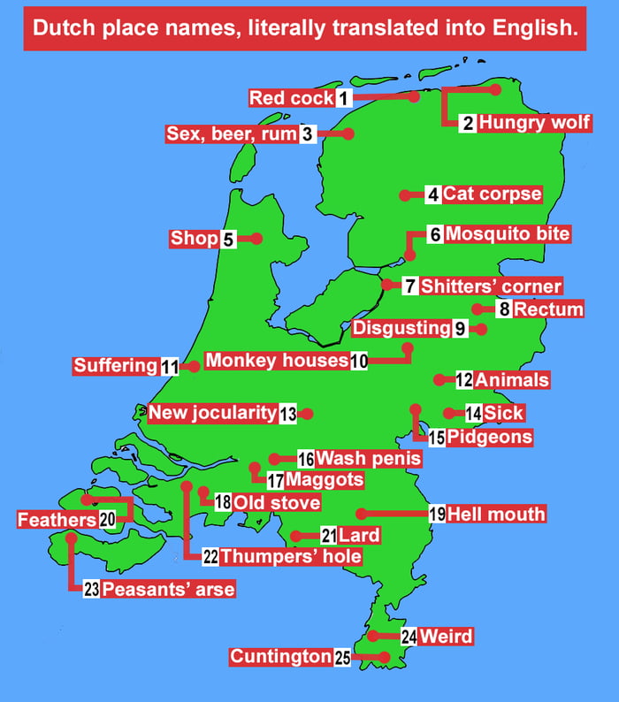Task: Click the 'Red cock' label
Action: pyautogui.click(x=291, y=98)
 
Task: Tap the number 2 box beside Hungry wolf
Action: pyautogui.click(x=469, y=123)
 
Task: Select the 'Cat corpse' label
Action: pyautogui.click(x=492, y=194)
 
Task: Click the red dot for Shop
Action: pyautogui.click(x=256, y=239)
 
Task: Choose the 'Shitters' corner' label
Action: pyautogui.click(x=491, y=286)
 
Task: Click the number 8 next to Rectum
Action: pyautogui.click(x=504, y=309)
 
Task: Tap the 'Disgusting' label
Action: pyautogui.click(x=401, y=329)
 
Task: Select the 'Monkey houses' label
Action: pyautogui.click(x=277, y=361)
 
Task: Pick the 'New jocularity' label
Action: pyautogui.click(x=212, y=413)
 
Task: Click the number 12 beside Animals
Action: pyautogui.click(x=464, y=380)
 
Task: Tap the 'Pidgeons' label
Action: pyautogui.click(x=489, y=437)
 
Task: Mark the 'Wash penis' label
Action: pyautogui.click(x=368, y=459)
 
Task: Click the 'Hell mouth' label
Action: pyautogui.click(x=496, y=514)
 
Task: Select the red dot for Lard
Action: pyautogui.click(x=295, y=536)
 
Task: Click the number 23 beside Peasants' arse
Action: pyautogui.click(x=92, y=589)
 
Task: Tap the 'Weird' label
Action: pyautogui.click(x=446, y=637)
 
